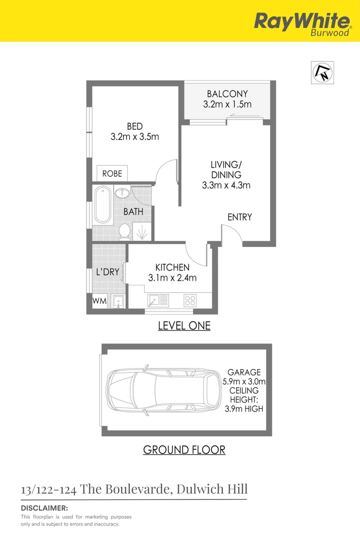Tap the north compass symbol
click(x=323, y=73)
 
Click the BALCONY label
click(x=227, y=93)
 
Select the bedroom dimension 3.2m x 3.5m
click(x=135, y=136)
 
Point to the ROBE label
click(x=112, y=173)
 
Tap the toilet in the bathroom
click(x=125, y=230)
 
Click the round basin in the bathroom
click(x=122, y=192)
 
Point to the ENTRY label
click(x=239, y=217)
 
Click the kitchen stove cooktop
click(x=190, y=300)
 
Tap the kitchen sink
click(x=158, y=300)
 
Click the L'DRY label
click(x=107, y=272)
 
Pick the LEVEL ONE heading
click(x=184, y=326)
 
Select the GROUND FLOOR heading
click(x=184, y=449)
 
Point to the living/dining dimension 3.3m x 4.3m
click(x=226, y=185)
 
